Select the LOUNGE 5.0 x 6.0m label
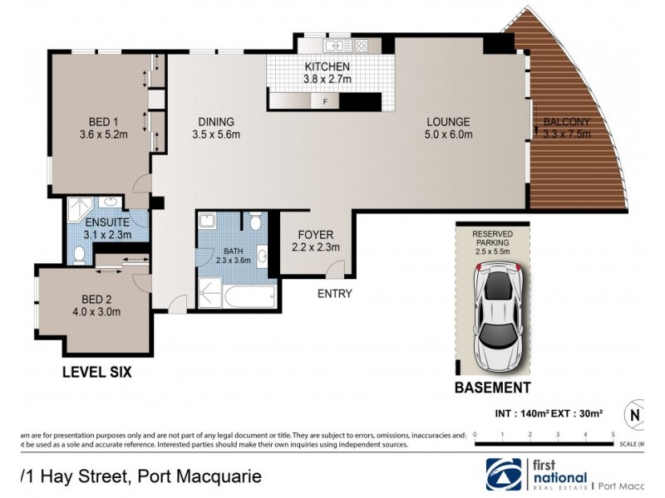tap(449, 127)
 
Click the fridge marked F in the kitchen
tap(324, 102)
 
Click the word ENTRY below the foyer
tap(335, 294)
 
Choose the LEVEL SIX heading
tap(96, 373)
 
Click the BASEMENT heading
tap(492, 388)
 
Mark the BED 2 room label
tap(97, 305)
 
